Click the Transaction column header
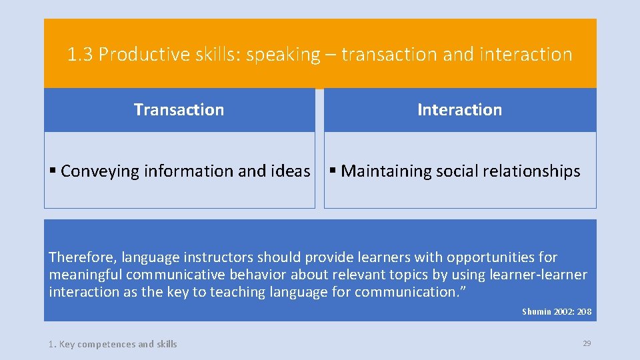[179, 110]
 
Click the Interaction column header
[459, 110]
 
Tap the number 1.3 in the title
[81, 55]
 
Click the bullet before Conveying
[53, 171]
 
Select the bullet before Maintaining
[333, 171]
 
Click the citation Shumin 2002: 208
[557, 311]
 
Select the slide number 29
[587, 343]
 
